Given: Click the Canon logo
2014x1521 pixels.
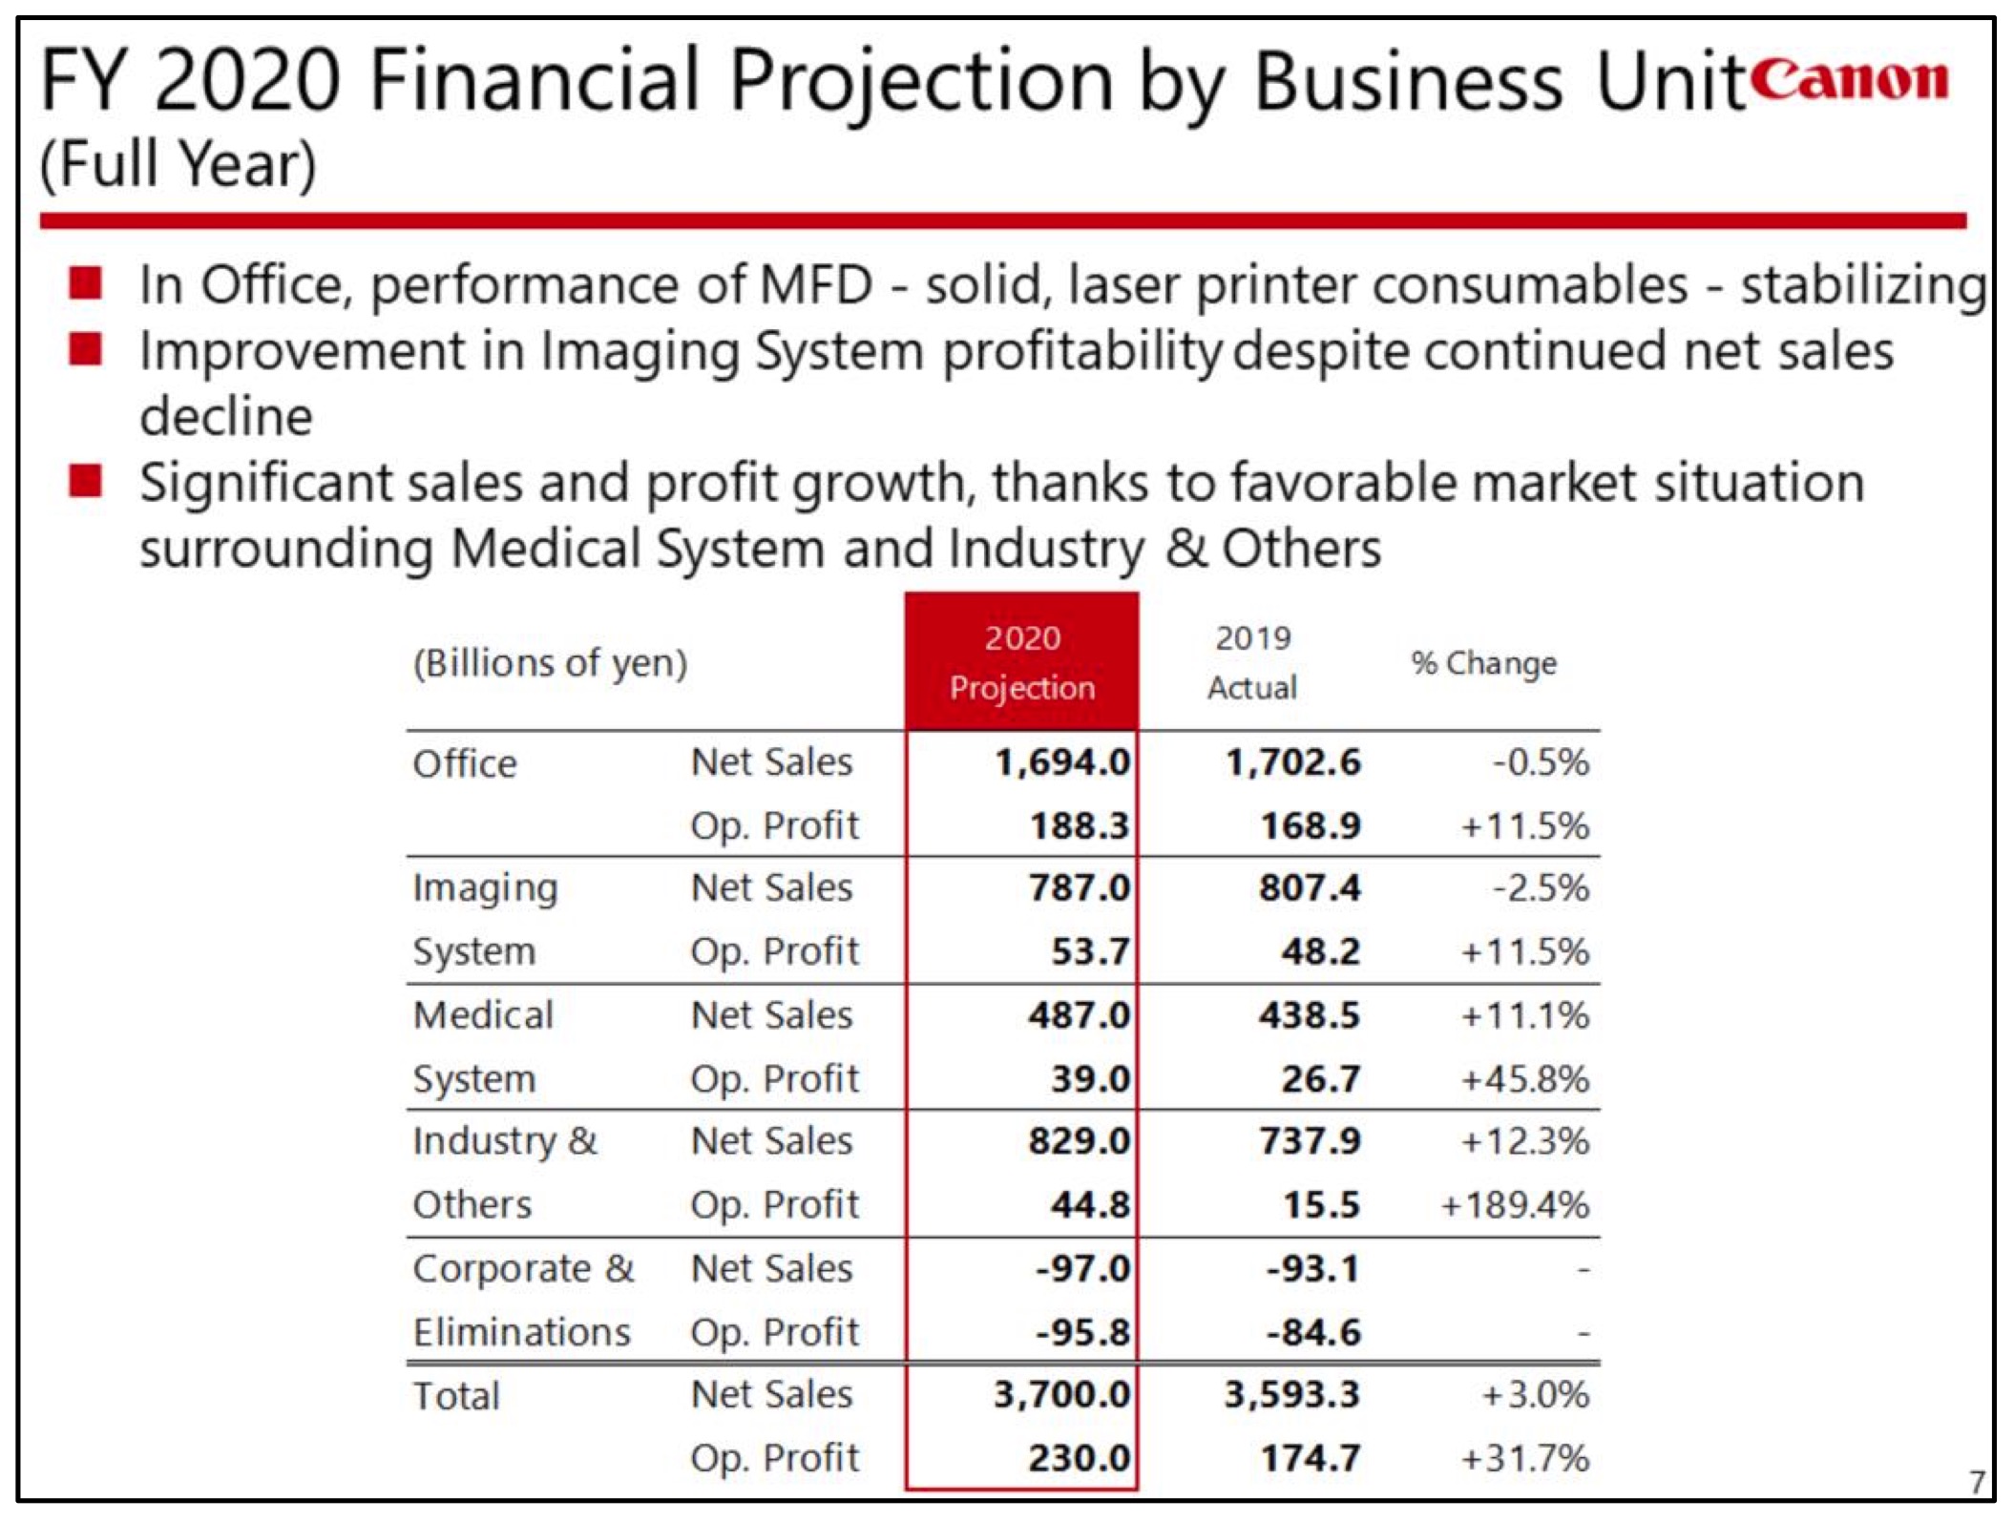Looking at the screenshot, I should pyautogui.click(x=1852, y=79).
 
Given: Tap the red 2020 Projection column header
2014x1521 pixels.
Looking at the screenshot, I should pyautogui.click(x=1021, y=662).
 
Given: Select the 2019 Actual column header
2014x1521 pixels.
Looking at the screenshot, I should pyautogui.click(x=1252, y=662).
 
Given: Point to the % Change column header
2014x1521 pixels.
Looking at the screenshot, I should pyautogui.click(x=1483, y=663).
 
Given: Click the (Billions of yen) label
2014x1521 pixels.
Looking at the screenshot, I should pyautogui.click(x=550, y=663).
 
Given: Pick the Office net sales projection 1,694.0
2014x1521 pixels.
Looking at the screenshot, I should pyautogui.click(x=1061, y=762).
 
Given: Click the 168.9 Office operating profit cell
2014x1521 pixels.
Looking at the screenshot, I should pyautogui.click(x=1310, y=825).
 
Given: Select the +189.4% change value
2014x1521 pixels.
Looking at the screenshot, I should pyautogui.click(x=1515, y=1205).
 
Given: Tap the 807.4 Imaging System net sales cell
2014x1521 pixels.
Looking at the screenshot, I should pyautogui.click(x=1310, y=888).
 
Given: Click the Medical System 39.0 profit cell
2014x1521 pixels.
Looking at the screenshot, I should pyautogui.click(x=1090, y=1079).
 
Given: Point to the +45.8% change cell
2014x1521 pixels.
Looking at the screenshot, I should pyautogui.click(x=1524, y=1079).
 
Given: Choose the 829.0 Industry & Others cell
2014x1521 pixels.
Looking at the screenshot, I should pyautogui.click(x=1079, y=1141).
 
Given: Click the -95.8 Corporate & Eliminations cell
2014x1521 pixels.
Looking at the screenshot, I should pyautogui.click(x=1082, y=1332).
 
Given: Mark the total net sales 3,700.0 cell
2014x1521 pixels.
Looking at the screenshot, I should pyautogui.click(x=1061, y=1395).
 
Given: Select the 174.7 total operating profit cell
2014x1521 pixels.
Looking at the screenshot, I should pyautogui.click(x=1310, y=1458).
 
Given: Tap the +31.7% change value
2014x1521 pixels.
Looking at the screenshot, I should pyautogui.click(x=1524, y=1458).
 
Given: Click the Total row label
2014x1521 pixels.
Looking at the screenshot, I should pyautogui.click(x=455, y=1396).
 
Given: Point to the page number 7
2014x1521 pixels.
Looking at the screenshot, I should pyautogui.click(x=1976, y=1482).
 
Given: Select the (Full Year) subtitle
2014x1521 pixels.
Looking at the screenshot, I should pyautogui.click(x=178, y=164).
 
